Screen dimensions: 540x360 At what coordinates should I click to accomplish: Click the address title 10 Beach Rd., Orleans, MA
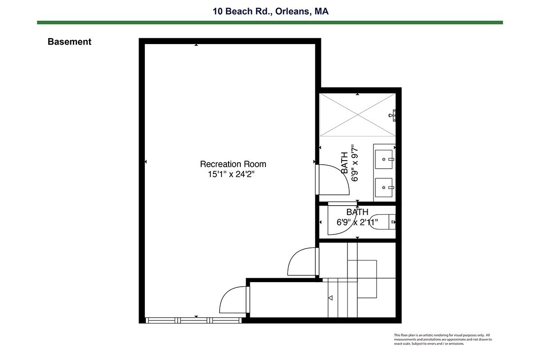pos(270,11)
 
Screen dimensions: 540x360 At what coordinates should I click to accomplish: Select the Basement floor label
pos(69,42)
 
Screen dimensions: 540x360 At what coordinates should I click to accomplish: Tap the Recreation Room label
pos(233,164)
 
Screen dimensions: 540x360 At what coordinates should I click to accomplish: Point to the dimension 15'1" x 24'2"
pos(231,174)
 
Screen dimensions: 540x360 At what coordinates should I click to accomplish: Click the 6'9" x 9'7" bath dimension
pos(355,163)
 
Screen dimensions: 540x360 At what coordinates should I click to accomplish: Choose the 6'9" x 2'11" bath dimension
pos(357,222)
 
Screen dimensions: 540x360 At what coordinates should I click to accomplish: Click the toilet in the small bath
pos(382,221)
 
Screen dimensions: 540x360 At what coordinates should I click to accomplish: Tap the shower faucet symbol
pos(392,115)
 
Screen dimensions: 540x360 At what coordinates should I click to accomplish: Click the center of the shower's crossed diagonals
pos(357,115)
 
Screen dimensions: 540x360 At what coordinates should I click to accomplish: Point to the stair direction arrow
pos(330,298)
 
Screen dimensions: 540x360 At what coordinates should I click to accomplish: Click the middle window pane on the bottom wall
pos(194,320)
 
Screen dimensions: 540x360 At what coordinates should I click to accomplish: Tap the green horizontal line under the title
pos(270,22)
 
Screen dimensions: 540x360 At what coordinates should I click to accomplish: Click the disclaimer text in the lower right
pos(443,339)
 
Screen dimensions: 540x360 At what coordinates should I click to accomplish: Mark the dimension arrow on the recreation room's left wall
pos(146,162)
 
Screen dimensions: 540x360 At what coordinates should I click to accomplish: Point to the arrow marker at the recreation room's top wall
pos(196,45)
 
